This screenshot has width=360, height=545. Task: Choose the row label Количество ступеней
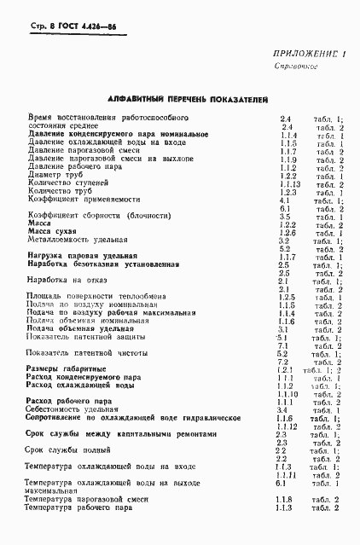point(68,184)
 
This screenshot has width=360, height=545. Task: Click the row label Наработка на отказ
point(63,280)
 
